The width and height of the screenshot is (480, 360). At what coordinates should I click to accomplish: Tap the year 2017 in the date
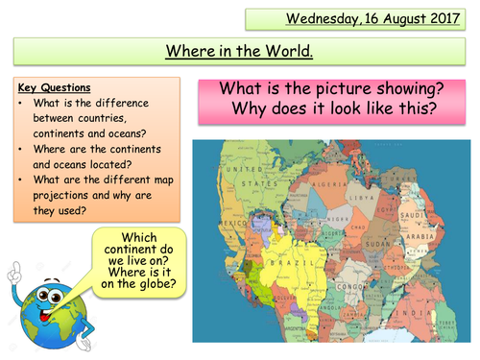[446, 17]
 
